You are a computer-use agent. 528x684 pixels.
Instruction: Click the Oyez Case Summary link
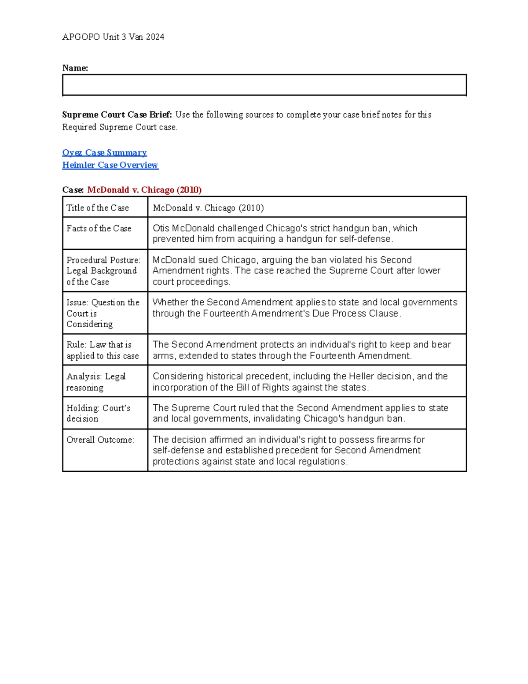click(104, 152)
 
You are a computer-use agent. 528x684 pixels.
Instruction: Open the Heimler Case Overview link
click(110, 165)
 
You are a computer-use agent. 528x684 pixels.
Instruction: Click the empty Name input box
click(264, 85)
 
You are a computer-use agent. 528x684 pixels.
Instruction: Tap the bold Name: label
click(75, 68)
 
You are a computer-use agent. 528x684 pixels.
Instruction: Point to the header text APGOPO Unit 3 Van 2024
click(113, 37)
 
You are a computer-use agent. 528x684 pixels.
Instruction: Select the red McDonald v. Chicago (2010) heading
click(144, 190)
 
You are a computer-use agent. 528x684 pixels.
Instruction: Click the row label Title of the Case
click(98, 208)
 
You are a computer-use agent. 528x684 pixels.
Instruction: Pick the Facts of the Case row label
click(99, 228)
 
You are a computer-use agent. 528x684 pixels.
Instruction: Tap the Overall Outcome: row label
click(100, 440)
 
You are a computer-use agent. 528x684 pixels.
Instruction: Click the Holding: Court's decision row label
click(98, 413)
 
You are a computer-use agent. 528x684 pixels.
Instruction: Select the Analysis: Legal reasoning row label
click(96, 381)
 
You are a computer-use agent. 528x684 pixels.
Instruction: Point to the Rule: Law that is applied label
click(103, 350)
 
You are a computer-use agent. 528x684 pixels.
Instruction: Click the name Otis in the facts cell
click(161, 228)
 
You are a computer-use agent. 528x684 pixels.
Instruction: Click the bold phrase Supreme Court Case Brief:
click(117, 115)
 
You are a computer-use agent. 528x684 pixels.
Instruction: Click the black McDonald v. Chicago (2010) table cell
click(209, 208)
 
